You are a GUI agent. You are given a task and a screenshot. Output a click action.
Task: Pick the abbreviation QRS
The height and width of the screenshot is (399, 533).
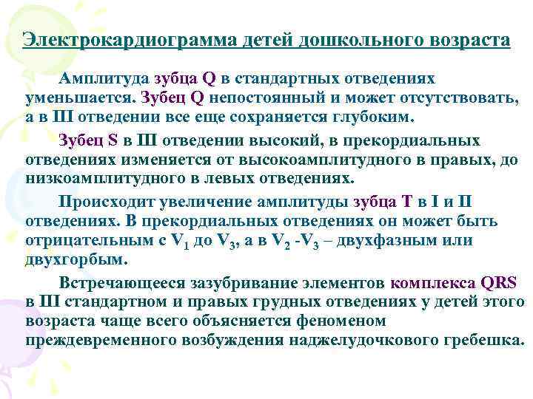point(498,282)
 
